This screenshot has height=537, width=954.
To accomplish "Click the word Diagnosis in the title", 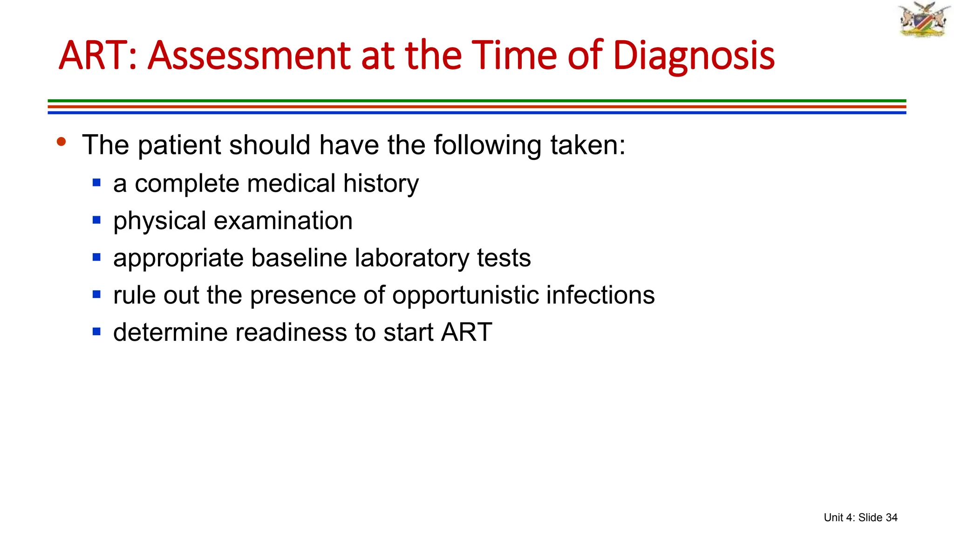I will (694, 56).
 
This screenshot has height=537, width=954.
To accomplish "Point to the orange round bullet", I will (61, 141).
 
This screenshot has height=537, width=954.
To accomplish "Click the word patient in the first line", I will (179, 145).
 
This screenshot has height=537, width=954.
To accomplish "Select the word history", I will (381, 183).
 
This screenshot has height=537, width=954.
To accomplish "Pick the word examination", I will (283, 220).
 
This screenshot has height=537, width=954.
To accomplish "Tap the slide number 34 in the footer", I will (891, 517).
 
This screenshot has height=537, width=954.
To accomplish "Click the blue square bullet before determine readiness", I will (97, 332).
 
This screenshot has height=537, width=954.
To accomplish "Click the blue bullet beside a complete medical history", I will (97, 183).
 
